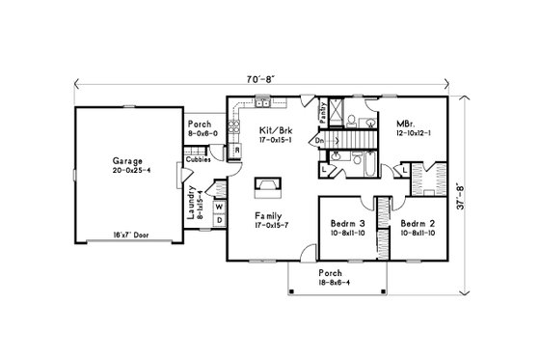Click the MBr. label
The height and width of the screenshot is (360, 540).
tap(405, 124)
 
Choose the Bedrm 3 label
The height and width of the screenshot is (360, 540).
tap(345, 220)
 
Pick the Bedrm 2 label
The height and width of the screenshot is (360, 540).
tap(418, 220)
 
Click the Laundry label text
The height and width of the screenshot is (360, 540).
tap(194, 203)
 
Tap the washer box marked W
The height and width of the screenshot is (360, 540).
tap(219, 206)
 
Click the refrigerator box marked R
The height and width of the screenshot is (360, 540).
tap(236, 150)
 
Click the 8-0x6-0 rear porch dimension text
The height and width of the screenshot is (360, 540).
tap(202, 133)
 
